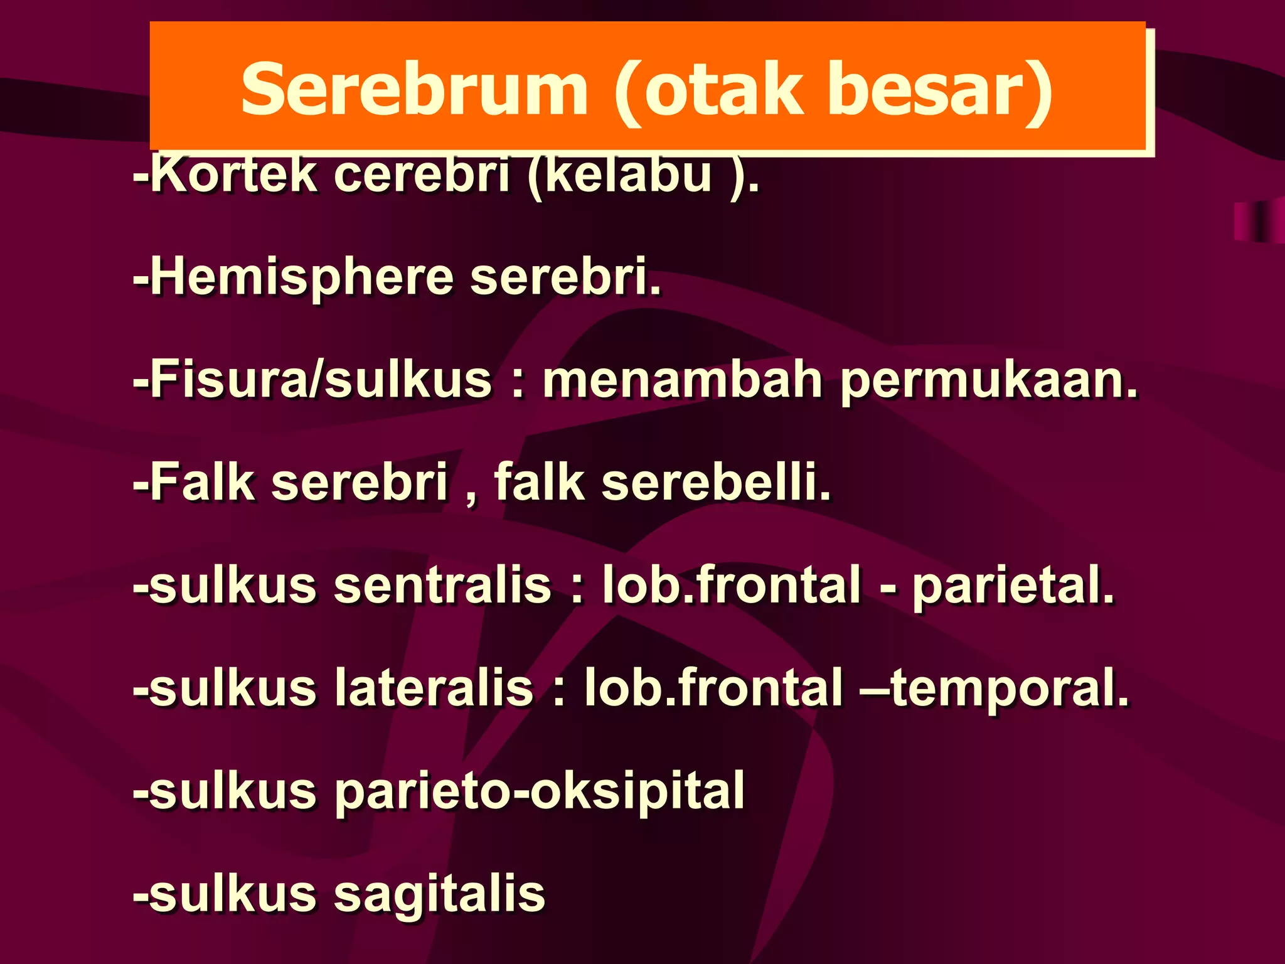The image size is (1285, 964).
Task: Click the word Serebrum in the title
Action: (x=414, y=89)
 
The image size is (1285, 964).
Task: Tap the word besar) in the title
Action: (x=941, y=89)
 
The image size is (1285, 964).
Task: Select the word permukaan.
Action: (x=989, y=382)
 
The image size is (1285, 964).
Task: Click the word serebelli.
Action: (x=716, y=482)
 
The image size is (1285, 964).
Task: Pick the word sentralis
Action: (x=442, y=585)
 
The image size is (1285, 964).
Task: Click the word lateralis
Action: (x=434, y=688)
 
